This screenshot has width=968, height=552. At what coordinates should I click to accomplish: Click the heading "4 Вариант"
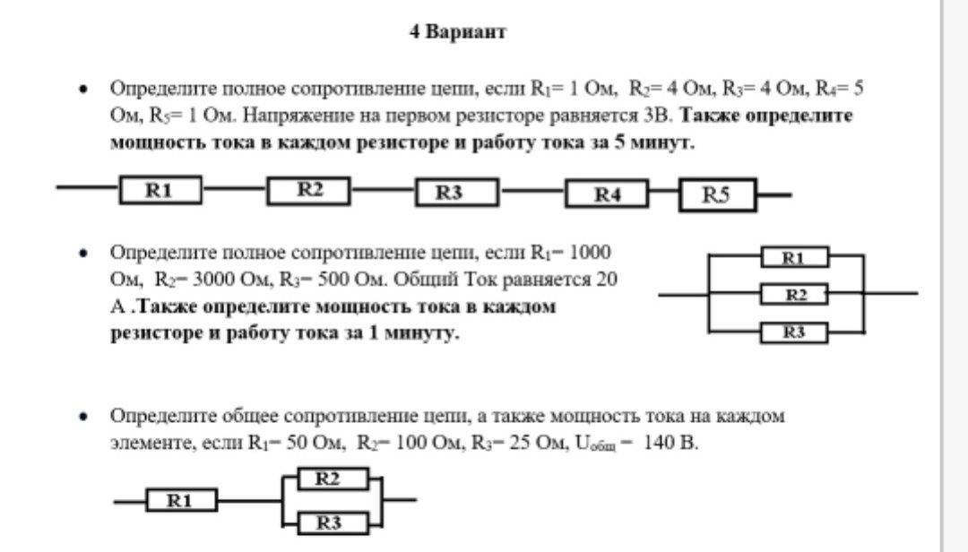tap(457, 32)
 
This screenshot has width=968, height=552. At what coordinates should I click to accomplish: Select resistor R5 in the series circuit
tap(717, 195)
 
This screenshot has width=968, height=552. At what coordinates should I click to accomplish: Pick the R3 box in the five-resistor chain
tap(456, 193)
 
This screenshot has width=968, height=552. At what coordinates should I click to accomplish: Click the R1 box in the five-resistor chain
tap(160, 190)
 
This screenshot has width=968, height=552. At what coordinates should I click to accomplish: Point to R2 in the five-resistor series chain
tap(309, 190)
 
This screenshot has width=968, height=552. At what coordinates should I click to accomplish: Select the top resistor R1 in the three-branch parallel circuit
tap(794, 258)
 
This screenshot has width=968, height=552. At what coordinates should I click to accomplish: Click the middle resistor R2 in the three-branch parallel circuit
tap(794, 294)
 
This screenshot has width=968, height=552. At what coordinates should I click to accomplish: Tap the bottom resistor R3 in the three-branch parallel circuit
tap(794, 332)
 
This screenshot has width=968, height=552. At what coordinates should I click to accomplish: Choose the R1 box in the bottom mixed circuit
tap(181, 501)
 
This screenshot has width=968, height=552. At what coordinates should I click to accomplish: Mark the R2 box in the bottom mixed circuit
tap(327, 479)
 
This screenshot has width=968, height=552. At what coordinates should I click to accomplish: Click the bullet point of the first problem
tap(83, 89)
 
